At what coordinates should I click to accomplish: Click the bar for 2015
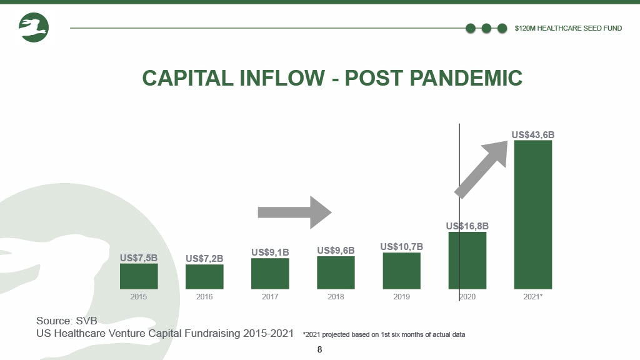139,276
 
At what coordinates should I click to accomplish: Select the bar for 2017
270,274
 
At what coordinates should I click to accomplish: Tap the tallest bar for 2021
533,215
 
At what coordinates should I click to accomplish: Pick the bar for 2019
402,271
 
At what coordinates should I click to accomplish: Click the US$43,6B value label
533,135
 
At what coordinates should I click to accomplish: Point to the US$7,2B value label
204,258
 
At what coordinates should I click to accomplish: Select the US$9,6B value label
336,250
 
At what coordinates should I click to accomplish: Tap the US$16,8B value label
467,226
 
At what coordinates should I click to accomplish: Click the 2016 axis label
204,297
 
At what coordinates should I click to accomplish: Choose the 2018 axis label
336,297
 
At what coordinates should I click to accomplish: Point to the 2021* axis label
533,297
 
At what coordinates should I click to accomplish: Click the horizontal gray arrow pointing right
295,212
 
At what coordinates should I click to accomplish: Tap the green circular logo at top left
34,27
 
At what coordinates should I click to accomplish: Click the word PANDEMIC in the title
466,78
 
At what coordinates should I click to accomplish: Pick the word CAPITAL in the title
187,78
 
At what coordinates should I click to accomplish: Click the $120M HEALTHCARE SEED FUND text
568,28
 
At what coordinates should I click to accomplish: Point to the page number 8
319,349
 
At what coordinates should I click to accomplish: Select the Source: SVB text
66,321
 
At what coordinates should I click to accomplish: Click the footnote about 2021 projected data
384,335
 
